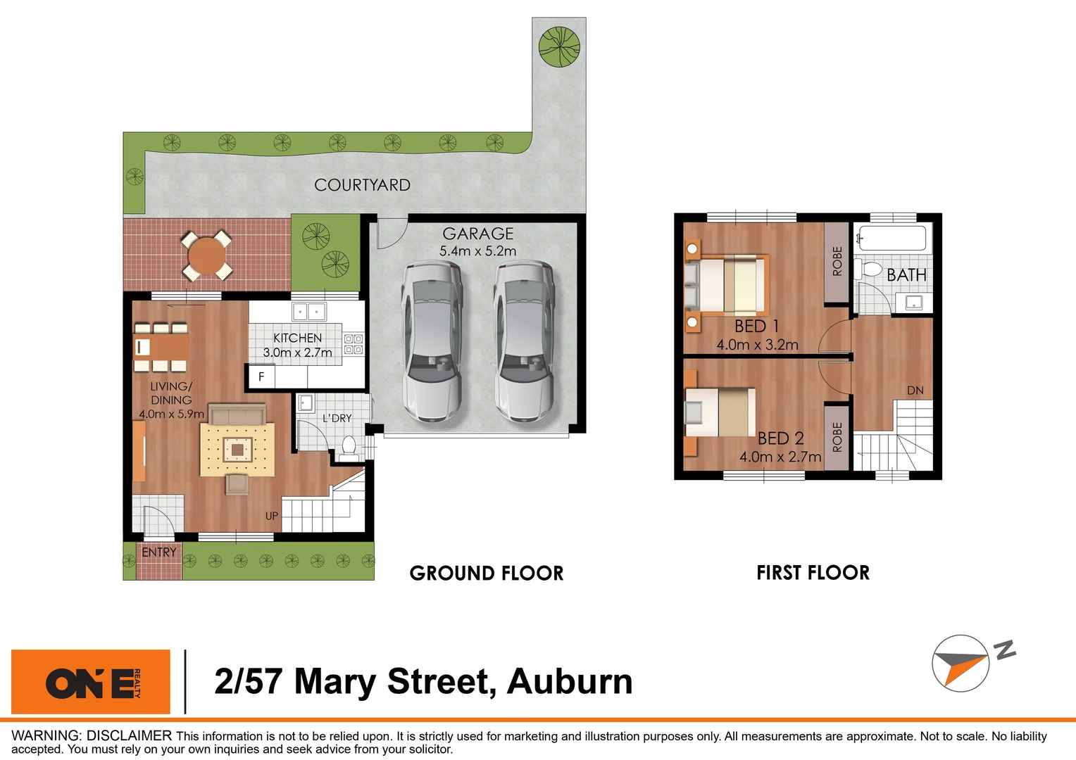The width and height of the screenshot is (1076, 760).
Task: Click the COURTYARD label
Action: click(x=362, y=185)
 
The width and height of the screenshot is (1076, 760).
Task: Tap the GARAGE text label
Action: click(x=477, y=234)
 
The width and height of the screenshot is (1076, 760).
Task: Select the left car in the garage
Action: click(x=432, y=341)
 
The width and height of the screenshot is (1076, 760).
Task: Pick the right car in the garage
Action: click(x=523, y=341)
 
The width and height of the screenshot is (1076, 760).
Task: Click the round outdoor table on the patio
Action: click(x=206, y=255)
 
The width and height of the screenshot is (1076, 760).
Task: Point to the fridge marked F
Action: click(x=261, y=376)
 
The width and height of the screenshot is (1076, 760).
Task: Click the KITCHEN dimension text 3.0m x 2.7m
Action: click(x=297, y=353)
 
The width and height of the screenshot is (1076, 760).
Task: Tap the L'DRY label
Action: click(x=337, y=418)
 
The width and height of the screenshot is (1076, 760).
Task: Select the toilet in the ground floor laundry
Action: click(x=349, y=448)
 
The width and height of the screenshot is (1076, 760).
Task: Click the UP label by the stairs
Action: click(x=272, y=516)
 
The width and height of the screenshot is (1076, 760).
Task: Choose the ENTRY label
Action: click(x=159, y=552)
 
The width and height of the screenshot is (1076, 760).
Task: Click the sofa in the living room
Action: click(x=237, y=414)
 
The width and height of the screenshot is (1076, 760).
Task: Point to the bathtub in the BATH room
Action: click(x=892, y=238)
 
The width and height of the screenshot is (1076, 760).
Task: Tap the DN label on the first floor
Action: click(x=915, y=391)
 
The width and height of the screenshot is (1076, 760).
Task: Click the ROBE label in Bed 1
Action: click(x=837, y=261)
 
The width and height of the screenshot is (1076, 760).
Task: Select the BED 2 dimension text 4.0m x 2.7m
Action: click(x=780, y=457)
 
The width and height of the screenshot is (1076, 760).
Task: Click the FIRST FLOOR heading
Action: click(x=813, y=573)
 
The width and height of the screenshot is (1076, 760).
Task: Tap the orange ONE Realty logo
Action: click(x=91, y=682)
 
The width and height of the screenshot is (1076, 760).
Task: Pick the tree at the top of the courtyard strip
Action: click(x=559, y=46)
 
